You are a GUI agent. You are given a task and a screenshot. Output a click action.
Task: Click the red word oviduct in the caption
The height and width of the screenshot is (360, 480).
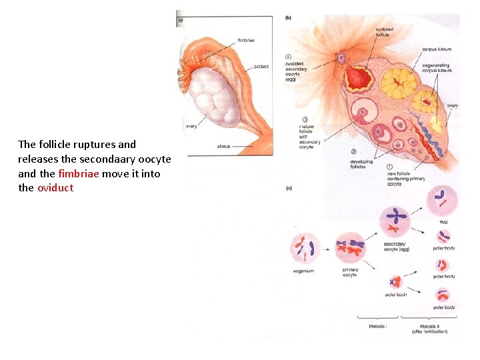[55, 188]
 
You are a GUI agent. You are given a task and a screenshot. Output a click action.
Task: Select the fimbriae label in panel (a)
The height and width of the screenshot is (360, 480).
[245, 41]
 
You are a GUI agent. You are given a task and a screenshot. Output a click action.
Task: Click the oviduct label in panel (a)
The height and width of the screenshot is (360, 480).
[261, 67]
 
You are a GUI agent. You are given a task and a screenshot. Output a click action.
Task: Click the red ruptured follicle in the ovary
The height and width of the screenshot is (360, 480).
[359, 79]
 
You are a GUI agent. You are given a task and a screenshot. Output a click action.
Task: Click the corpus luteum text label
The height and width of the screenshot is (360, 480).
[437, 49]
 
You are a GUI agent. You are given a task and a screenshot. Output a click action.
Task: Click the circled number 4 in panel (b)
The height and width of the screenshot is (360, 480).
[288, 57]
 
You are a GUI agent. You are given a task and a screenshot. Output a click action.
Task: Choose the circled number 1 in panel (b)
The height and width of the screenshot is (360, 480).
[389, 167]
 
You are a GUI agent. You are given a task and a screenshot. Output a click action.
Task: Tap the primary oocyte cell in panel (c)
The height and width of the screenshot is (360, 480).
[350, 247]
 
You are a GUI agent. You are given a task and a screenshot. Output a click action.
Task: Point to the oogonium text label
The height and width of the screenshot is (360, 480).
[303, 271]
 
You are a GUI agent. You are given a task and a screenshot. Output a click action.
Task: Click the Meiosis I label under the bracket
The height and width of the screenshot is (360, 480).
[377, 326]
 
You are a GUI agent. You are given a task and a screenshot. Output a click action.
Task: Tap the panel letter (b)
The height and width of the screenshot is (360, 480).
[288, 17]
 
